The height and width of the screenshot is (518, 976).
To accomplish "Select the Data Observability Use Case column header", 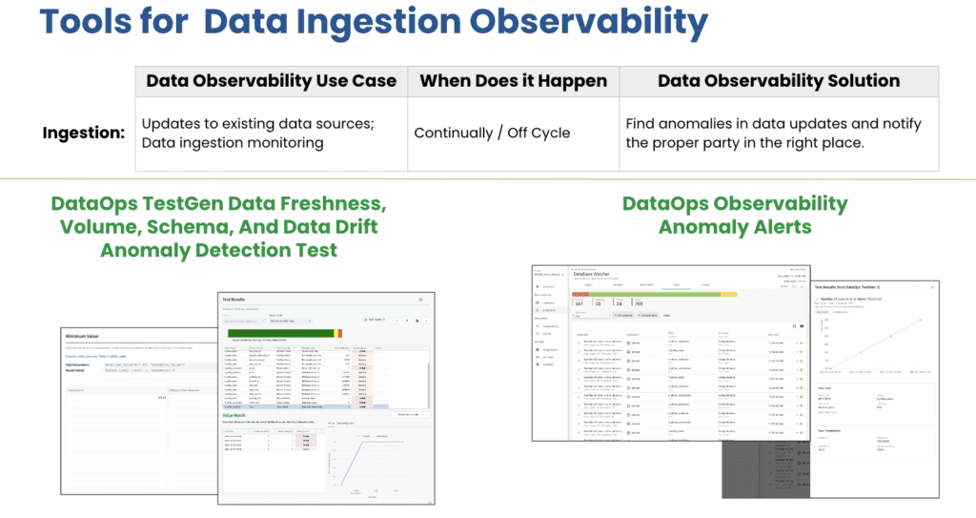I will (271, 81).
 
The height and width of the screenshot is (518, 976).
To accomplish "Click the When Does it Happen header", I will (513, 81).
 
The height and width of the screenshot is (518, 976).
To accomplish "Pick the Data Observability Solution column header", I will (778, 81).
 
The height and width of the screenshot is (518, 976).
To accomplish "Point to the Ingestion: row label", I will (84, 133).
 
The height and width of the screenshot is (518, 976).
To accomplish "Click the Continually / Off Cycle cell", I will (492, 133).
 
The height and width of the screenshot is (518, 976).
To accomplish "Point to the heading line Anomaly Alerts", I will (734, 227).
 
